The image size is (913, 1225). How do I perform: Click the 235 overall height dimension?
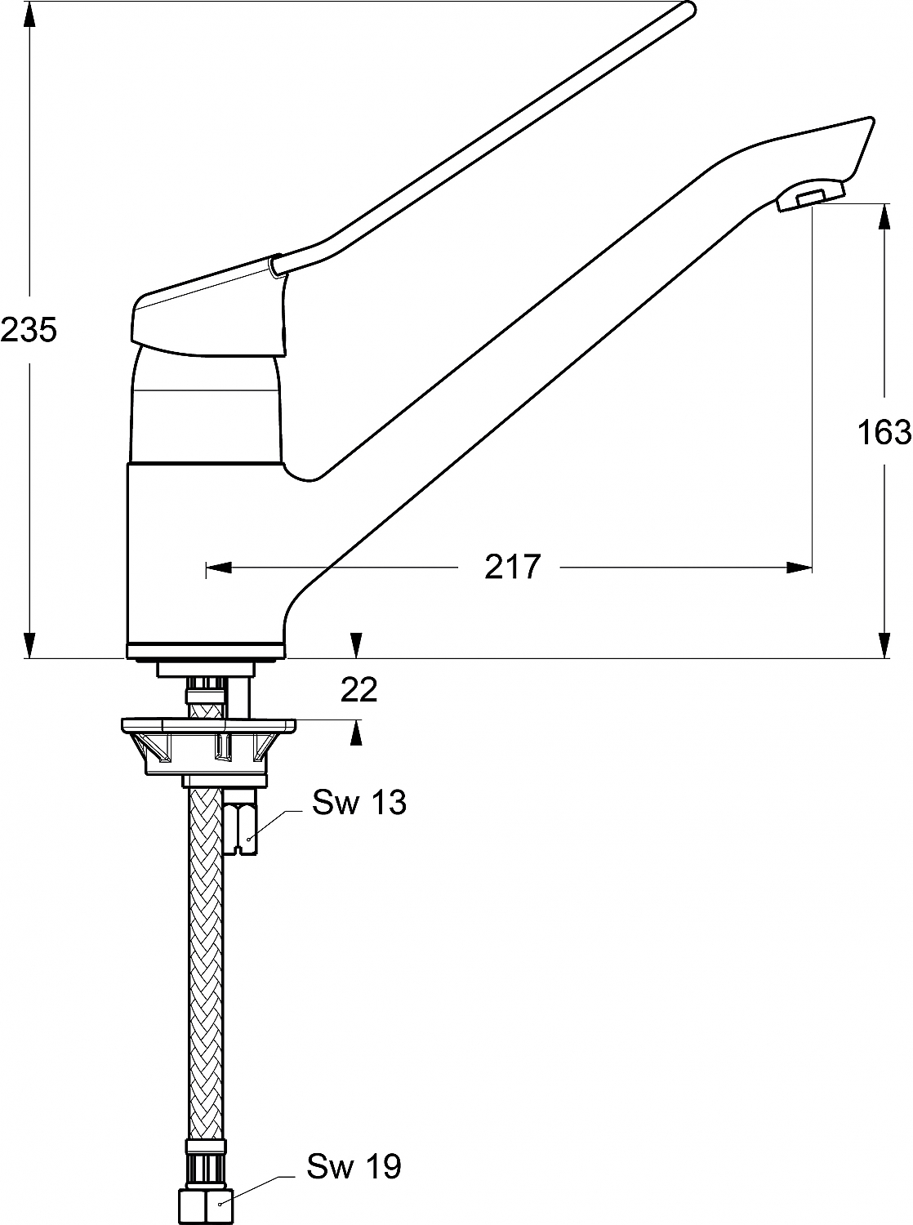[29, 330]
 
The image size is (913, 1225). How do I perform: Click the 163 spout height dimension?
[884, 431]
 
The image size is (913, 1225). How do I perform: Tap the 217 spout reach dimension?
[513, 566]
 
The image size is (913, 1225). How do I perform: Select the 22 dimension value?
[359, 690]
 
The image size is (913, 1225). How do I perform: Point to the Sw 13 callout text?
[359, 803]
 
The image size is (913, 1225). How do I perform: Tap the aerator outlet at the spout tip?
[808, 197]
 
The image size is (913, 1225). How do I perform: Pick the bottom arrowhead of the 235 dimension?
[29, 645]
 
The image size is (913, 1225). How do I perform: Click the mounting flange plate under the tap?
[208, 724]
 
